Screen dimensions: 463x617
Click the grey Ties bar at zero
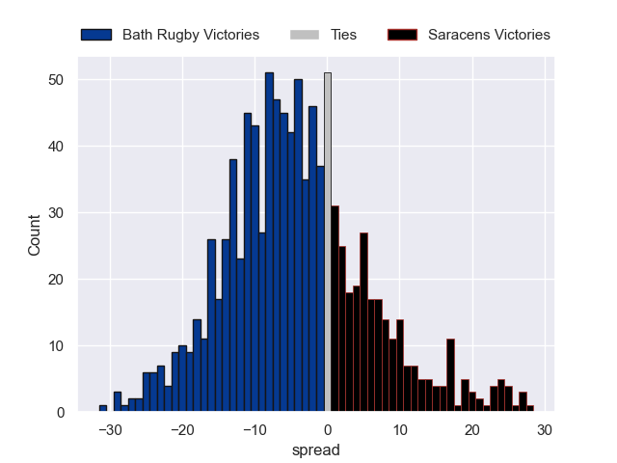click(x=328, y=241)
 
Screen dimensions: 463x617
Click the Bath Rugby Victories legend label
click(x=190, y=35)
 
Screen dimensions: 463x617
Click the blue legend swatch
click(x=96, y=35)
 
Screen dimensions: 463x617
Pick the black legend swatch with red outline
click(x=402, y=35)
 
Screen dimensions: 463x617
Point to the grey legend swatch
click(x=304, y=35)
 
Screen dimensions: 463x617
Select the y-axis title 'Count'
click(x=35, y=235)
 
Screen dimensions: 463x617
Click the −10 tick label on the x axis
click(x=255, y=430)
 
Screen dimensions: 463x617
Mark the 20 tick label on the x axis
click(x=472, y=430)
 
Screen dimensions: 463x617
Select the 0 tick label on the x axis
click(x=328, y=430)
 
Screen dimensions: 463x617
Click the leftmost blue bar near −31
click(x=103, y=409)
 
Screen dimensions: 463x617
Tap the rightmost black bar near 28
click(x=530, y=409)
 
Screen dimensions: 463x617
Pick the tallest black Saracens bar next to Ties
click(x=335, y=309)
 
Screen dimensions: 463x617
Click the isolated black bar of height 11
click(x=450, y=376)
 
